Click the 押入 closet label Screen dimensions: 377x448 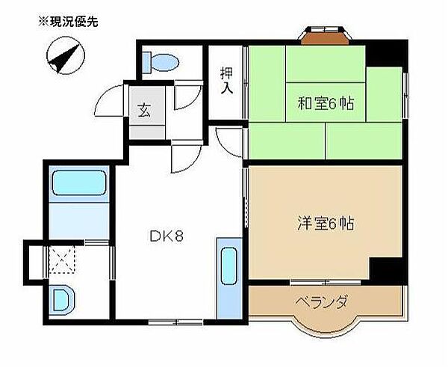click(x=226, y=81)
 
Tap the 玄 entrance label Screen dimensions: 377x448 click(x=143, y=109)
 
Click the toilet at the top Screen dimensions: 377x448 click(x=159, y=61)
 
